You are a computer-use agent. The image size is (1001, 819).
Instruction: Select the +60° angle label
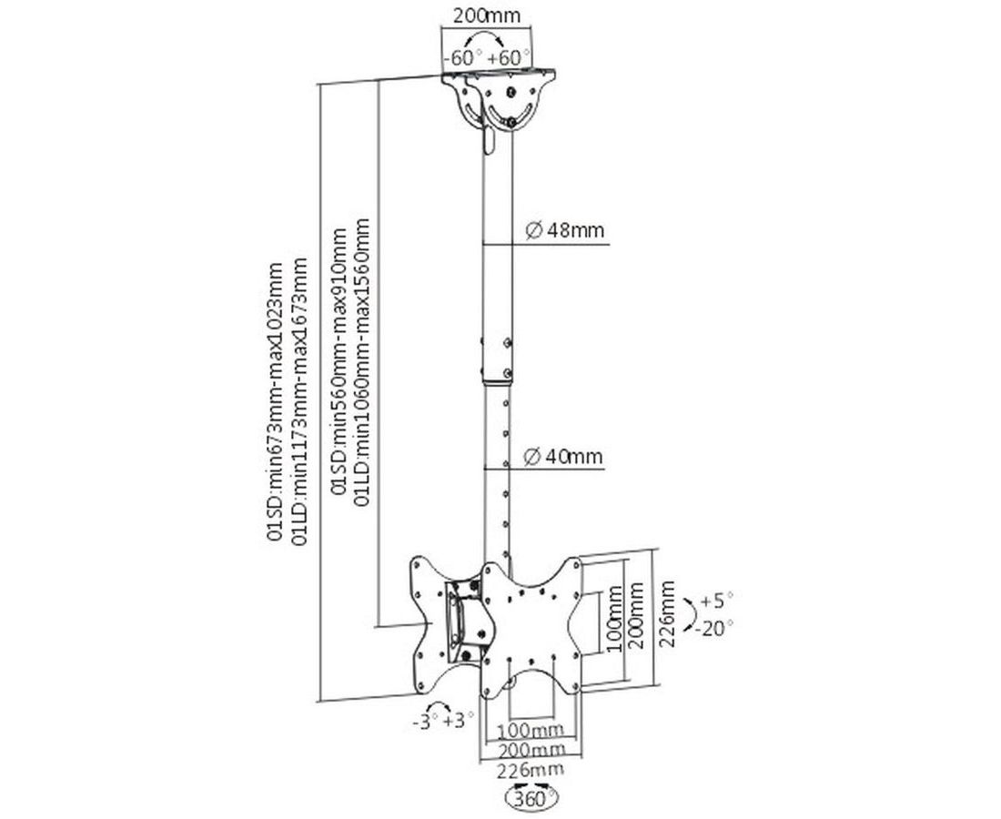[510, 57]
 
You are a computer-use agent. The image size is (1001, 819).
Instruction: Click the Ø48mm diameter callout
[564, 230]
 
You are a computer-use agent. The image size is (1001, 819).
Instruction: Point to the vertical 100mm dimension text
[614, 622]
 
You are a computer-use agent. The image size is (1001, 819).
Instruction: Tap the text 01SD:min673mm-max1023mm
[274, 401]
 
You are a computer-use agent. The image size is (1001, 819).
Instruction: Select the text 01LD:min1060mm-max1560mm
[361, 356]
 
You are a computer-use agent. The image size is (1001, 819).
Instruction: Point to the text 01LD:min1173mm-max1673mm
[298, 401]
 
